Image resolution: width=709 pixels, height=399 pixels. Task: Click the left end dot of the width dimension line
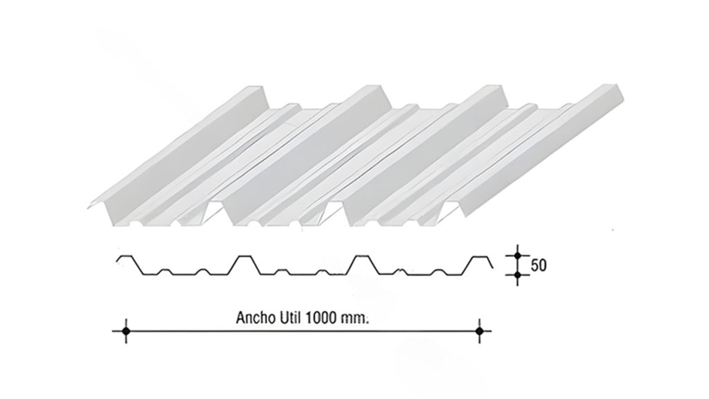pos(126,332)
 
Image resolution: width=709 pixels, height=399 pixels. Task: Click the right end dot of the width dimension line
pos(479,332)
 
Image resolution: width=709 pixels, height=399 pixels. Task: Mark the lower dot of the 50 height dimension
pos(517,276)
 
